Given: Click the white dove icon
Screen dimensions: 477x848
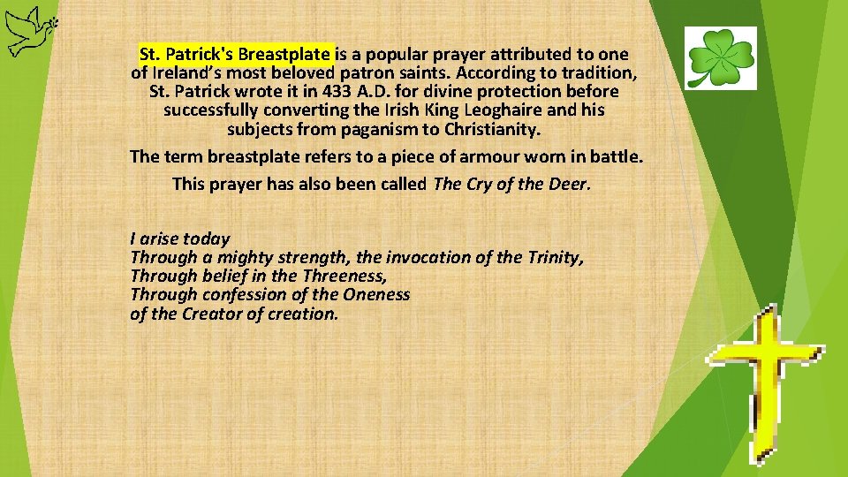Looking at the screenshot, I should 26,29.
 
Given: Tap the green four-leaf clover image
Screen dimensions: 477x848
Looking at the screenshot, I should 721,57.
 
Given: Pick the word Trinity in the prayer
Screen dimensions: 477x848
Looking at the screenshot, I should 553,258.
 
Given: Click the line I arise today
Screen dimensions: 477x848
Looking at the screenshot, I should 179,238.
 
